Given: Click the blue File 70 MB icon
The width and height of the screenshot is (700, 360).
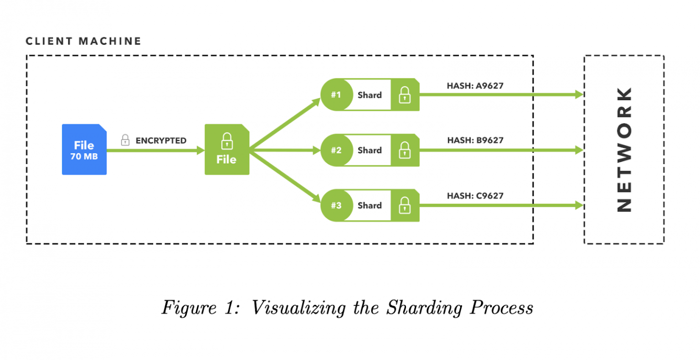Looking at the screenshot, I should (84, 149).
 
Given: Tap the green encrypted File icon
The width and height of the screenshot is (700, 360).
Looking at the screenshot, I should (227, 149).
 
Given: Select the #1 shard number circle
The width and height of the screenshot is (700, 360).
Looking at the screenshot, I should (336, 95).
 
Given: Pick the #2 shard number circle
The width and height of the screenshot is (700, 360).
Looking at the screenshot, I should (336, 150).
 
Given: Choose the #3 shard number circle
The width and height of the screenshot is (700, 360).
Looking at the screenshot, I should (336, 206).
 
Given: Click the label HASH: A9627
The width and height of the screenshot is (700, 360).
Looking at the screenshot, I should (475, 86).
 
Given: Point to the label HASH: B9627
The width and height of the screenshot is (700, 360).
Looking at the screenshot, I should (475, 140).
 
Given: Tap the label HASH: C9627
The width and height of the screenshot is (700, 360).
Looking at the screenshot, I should (475, 196).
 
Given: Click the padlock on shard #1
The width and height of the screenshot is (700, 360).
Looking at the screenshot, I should (405, 95).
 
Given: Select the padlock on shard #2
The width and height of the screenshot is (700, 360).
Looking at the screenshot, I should (405, 150).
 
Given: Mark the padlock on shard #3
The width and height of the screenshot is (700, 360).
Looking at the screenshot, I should (405, 206).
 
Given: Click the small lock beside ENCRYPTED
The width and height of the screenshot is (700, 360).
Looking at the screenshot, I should (125, 140).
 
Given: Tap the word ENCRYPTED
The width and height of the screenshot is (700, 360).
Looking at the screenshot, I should (161, 141).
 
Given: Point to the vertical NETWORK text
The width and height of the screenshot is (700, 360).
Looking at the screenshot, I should (624, 149).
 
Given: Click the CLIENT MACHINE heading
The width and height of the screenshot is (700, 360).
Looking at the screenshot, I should (83, 41).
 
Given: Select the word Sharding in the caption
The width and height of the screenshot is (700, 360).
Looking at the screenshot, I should (424, 308).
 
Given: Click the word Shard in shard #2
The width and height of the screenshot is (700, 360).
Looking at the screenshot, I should (370, 150).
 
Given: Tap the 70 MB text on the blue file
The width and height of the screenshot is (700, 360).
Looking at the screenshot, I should (84, 157).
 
